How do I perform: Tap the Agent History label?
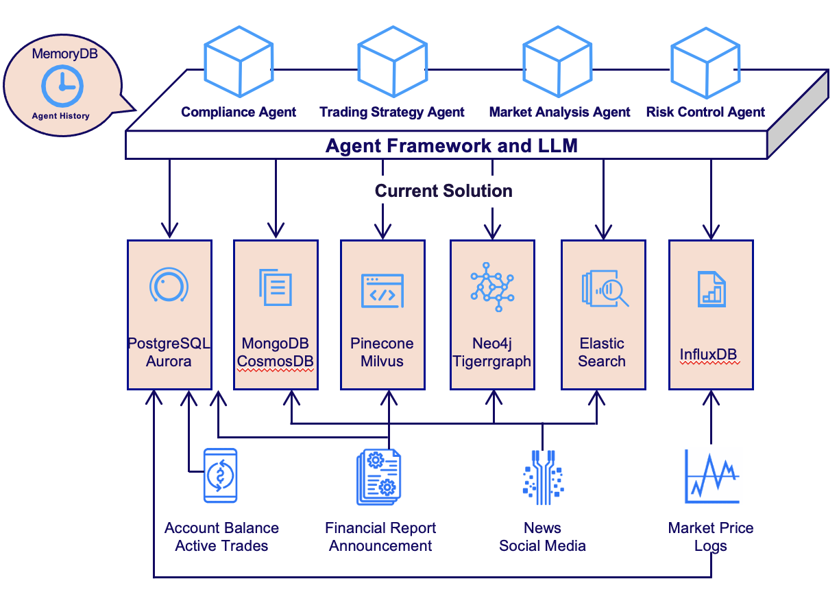point(60,116)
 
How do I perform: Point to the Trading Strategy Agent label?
point(391,112)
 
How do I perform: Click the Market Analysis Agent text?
point(559,112)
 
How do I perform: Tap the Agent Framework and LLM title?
point(451,145)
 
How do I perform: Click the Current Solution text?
point(443,191)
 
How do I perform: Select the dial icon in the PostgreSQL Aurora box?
point(169,286)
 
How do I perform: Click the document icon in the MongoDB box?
point(276,289)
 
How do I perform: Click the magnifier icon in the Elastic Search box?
point(605,289)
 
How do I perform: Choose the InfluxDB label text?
point(711,354)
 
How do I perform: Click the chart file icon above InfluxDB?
point(711,289)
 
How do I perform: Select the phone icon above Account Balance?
point(220,475)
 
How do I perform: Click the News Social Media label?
point(542,537)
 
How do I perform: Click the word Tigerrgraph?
point(491,362)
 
